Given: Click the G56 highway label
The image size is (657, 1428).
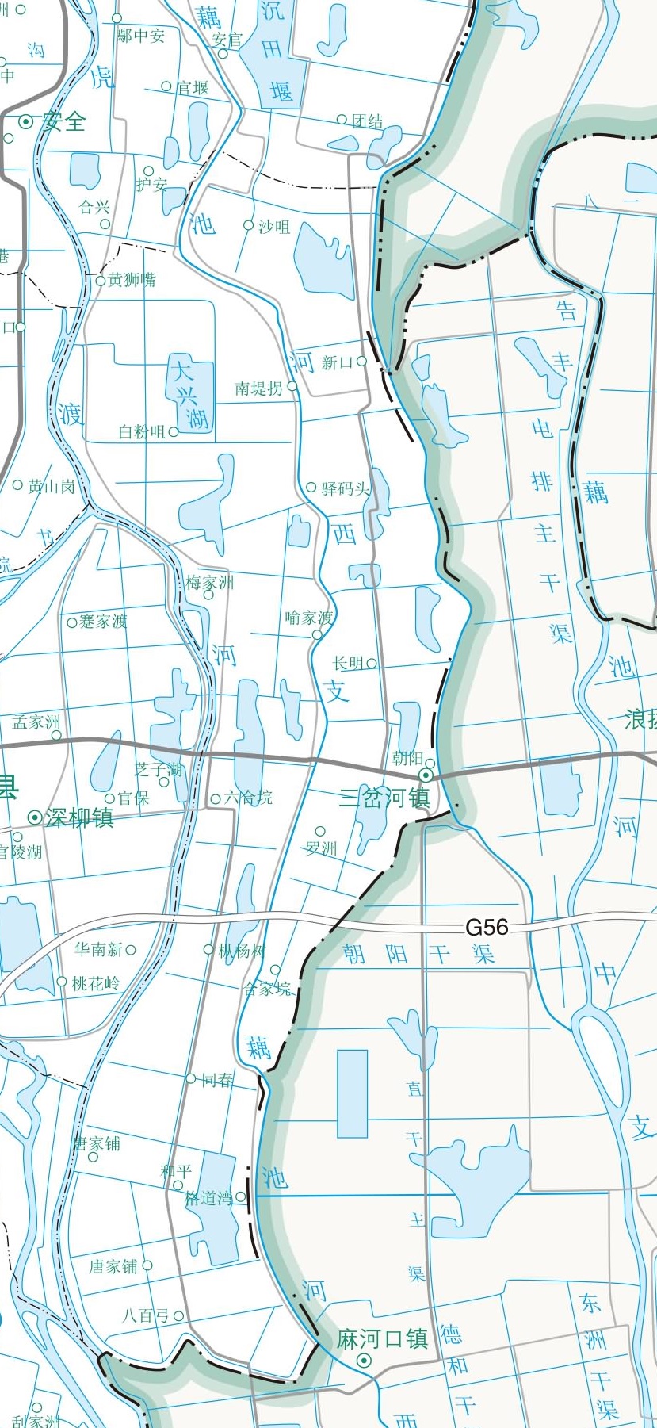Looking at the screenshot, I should click(x=486, y=927).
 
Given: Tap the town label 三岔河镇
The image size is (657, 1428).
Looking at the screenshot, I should click(x=384, y=797).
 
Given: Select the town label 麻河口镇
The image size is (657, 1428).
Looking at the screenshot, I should click(x=382, y=1339).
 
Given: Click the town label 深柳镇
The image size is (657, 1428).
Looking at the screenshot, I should click(x=79, y=817).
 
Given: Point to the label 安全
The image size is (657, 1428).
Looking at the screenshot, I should click(x=64, y=121).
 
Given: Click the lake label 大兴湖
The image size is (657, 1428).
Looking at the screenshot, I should click(x=190, y=394).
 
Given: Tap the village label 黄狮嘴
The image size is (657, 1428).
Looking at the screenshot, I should click(x=132, y=280).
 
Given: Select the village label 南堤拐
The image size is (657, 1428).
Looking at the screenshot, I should click(x=258, y=388).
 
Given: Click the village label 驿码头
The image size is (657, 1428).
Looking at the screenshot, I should click(x=346, y=488).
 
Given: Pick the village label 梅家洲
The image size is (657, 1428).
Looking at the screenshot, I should click(x=210, y=583).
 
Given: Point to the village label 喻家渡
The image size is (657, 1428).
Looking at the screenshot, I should click(x=309, y=618).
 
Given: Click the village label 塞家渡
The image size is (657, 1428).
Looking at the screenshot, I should click(x=103, y=622).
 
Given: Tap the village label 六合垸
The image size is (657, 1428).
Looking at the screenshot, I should click(x=248, y=798).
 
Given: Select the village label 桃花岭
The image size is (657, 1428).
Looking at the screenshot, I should click(x=96, y=983).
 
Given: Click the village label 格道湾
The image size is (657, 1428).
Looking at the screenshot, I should click(x=208, y=1198).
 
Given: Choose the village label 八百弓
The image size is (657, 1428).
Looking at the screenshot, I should click(x=145, y=1315).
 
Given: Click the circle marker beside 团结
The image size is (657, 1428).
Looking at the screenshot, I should click(x=342, y=120).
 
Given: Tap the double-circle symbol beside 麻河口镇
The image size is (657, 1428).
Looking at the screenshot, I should click(x=365, y=1361).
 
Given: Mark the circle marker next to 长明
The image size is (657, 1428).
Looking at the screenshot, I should click(x=372, y=663).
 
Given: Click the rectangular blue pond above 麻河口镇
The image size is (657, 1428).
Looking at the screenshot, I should click(x=352, y=1093).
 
